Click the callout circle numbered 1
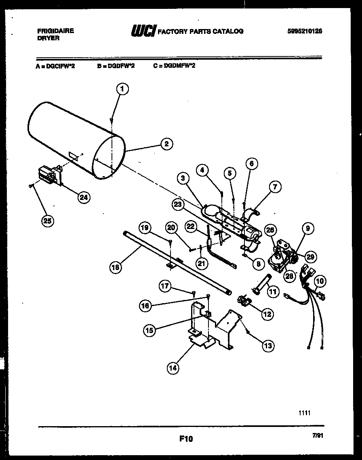pyautogui.click(x=122, y=89)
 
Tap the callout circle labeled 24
pyautogui.click(x=84, y=197)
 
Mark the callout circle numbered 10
pyautogui.click(x=320, y=281)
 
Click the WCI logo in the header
pyautogui.click(x=142, y=31)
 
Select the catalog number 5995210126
pyautogui.click(x=305, y=31)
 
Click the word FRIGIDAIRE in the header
pyautogui.click(x=55, y=31)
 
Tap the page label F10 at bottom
pyautogui.click(x=186, y=439)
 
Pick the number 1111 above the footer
pyautogui.click(x=305, y=413)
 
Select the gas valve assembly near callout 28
pyautogui.click(x=280, y=258)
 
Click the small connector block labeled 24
pyautogui.click(x=49, y=175)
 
